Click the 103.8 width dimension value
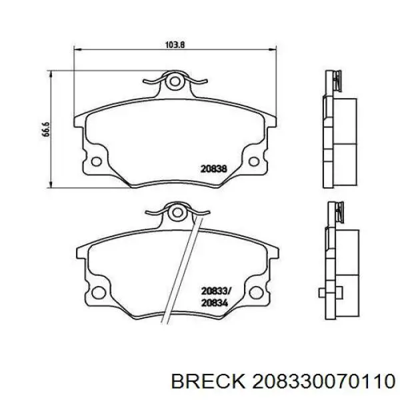coord(175,45)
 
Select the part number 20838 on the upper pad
coord(214,169)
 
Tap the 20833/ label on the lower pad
coord(215,291)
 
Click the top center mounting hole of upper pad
coord(175,82)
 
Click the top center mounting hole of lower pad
coord(175,213)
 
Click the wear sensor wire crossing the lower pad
coord(185,267)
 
